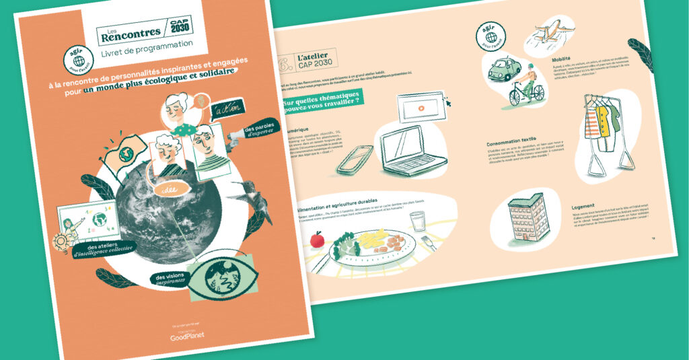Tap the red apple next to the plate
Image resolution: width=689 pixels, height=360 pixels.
tap(318, 238)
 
